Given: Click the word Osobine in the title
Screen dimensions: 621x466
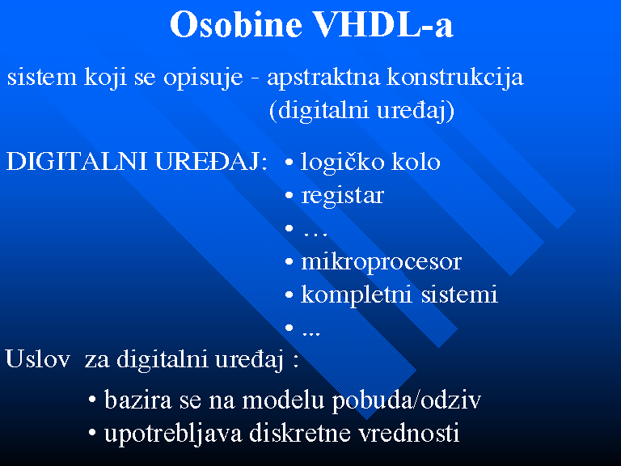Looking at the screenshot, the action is (236, 24).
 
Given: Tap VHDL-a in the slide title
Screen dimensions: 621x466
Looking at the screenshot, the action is (383, 24).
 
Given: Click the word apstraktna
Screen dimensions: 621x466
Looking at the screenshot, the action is (324, 77).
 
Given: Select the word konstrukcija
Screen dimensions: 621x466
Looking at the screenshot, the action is (455, 77).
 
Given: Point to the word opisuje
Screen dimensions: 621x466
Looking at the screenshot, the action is (203, 77).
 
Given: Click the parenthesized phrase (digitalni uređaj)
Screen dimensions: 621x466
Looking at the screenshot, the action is (361, 111).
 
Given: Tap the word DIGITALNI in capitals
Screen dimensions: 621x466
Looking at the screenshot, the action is (78, 162).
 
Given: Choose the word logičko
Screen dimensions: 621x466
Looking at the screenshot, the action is (343, 163).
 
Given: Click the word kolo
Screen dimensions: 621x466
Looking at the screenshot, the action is (416, 162).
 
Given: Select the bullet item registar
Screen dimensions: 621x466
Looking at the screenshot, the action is (343, 196).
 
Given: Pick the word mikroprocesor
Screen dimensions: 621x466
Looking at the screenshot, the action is (382, 262).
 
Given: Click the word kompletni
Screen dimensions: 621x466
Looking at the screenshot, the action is (357, 294).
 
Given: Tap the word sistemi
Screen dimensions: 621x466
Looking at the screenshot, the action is (459, 294).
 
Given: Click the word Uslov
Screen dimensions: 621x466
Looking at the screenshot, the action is (38, 359).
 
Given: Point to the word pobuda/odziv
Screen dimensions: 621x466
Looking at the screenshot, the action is (407, 400).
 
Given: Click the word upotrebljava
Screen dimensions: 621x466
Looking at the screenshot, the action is (173, 433).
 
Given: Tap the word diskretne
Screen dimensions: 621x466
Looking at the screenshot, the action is (300, 433).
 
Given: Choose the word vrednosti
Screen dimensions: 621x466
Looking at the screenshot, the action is (408, 433).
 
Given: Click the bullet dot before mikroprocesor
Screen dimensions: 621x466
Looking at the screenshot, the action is (289, 262).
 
